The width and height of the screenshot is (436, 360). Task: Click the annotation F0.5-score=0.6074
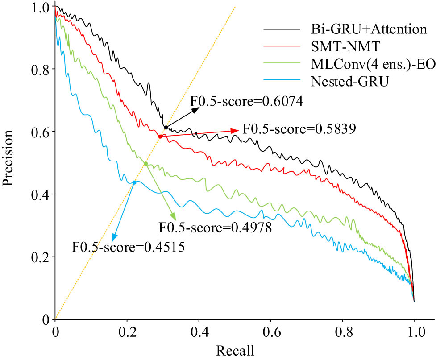tap(247, 102)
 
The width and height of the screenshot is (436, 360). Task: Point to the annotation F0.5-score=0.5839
tap(299, 130)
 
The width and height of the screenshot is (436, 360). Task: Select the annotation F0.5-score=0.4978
tap(216, 228)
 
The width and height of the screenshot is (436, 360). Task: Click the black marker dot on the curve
tap(166, 128)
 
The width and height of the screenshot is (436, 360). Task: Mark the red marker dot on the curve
tap(160, 137)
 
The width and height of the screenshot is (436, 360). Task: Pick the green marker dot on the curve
tap(145, 164)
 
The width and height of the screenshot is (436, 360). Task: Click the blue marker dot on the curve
tap(134, 182)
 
